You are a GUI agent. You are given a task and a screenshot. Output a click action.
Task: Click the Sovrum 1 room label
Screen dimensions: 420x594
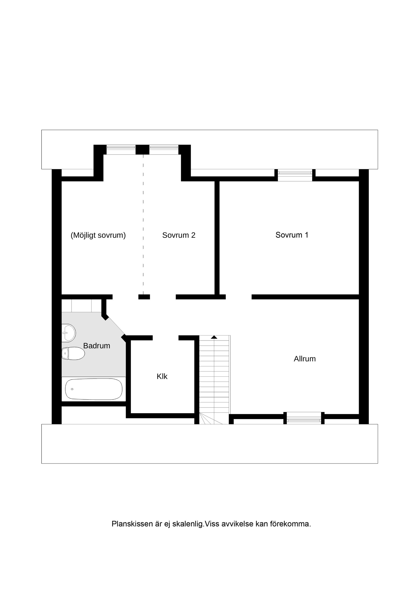click(292, 235)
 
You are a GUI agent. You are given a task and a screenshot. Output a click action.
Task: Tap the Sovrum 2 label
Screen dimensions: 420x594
click(178, 235)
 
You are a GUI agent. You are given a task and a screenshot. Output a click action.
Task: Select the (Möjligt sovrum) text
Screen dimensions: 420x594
click(98, 235)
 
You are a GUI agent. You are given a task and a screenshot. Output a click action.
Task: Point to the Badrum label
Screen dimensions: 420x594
click(96, 346)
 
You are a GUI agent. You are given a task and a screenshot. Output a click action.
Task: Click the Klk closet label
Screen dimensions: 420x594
click(162, 376)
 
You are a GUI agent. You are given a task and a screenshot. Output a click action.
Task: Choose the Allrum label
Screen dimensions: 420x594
click(304, 359)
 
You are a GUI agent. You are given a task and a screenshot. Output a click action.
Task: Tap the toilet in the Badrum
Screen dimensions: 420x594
click(73, 353)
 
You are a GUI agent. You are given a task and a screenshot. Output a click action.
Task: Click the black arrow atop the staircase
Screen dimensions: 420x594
click(214, 337)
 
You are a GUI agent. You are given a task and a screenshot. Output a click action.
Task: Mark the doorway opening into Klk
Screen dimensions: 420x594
click(166, 338)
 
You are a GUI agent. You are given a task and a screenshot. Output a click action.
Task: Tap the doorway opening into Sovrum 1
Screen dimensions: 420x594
click(239, 297)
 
